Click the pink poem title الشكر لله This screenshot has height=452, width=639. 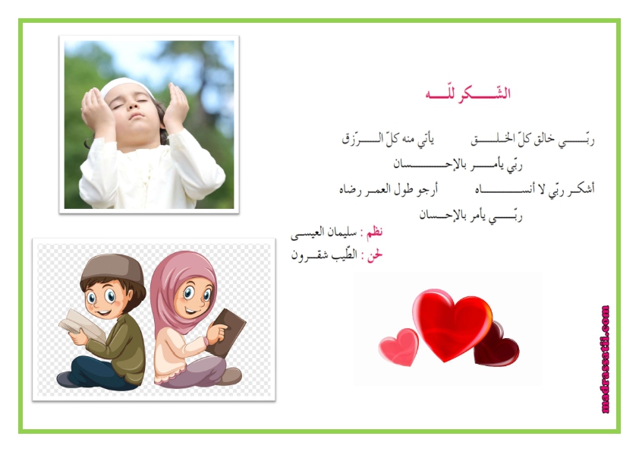click(x=467, y=94)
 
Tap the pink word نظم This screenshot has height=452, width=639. click(x=374, y=232)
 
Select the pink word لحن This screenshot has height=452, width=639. click(x=375, y=255)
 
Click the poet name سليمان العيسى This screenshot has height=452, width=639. click(x=323, y=233)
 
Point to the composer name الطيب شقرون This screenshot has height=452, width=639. click(x=324, y=255)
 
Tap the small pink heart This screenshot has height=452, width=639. click(x=398, y=346)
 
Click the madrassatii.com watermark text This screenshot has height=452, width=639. click(x=605, y=359)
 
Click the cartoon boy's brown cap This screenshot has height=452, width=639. click(x=112, y=270)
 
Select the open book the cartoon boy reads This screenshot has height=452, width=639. click(x=82, y=325)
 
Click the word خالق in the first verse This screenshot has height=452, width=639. click(x=543, y=139)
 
